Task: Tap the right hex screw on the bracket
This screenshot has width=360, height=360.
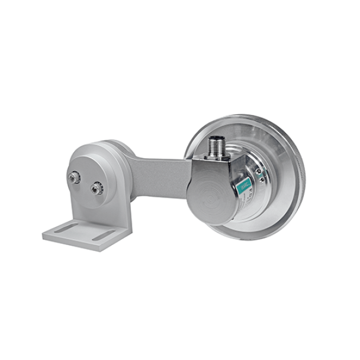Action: (x=95, y=188)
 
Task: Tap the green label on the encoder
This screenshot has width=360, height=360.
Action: (x=243, y=188)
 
